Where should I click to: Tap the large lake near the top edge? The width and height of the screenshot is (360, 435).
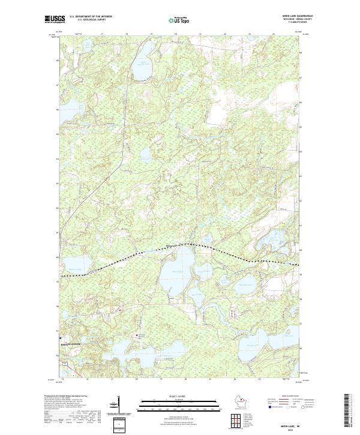143,57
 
